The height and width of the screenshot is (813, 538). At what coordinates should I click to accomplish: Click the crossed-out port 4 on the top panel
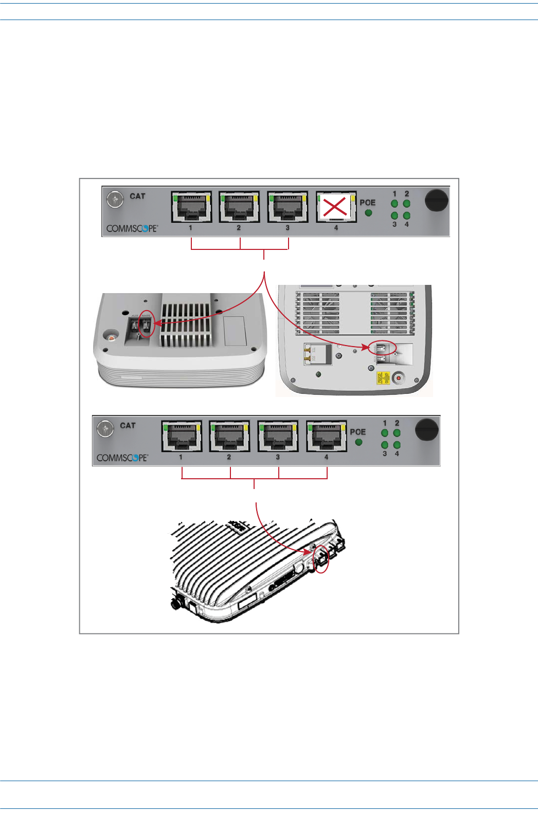336,207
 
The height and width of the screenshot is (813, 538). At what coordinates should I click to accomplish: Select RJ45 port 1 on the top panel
191,207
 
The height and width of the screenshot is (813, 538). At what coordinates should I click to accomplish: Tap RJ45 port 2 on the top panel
239,207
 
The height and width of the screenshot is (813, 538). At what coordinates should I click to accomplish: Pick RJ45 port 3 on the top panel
288,207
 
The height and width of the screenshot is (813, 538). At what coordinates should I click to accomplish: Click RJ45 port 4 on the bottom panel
327,437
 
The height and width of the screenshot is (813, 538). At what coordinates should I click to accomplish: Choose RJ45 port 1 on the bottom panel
181,437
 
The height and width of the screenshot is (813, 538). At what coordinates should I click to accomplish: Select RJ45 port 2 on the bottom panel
229,437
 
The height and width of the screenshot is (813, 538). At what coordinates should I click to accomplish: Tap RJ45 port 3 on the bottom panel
278,437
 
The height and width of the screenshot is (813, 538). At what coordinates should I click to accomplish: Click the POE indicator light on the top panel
368,212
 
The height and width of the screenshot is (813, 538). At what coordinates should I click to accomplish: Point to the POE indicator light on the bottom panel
358,442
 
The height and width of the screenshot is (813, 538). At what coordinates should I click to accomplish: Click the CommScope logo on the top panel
132,228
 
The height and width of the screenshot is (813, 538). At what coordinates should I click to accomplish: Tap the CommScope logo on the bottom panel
122,458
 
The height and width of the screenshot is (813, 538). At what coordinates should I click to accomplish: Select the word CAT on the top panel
137,196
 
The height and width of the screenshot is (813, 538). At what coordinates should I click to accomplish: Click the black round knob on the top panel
437,200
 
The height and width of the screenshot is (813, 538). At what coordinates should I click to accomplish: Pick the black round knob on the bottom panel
427,429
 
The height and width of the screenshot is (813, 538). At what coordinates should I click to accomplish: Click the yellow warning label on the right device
383,378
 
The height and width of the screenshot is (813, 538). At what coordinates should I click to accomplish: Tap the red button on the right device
398,378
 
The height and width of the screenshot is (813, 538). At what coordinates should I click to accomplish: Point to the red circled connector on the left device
147,326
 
